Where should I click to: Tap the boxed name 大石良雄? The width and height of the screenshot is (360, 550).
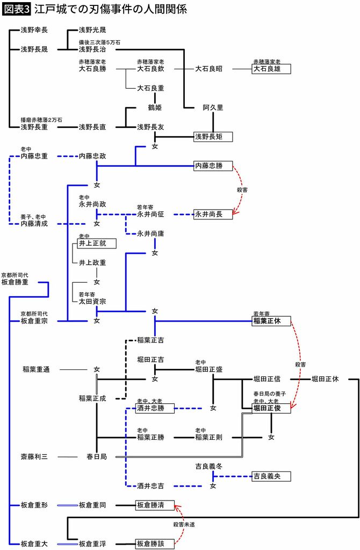click(x=271, y=69)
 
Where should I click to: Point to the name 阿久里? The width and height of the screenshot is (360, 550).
click(x=213, y=108)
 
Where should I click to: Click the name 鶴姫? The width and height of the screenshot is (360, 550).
click(x=155, y=108)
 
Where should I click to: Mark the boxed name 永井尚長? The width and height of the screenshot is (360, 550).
click(x=213, y=214)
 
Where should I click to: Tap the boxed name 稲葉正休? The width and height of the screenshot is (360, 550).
click(x=271, y=321)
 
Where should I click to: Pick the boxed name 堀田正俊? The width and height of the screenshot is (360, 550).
click(x=271, y=408)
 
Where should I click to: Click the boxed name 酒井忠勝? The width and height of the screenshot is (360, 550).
click(x=155, y=408)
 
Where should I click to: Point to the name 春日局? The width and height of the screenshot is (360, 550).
click(x=97, y=456)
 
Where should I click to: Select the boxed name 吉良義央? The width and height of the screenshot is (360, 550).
click(x=271, y=476)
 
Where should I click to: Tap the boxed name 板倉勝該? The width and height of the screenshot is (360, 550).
click(x=155, y=544)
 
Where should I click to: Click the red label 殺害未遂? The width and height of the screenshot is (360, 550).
click(x=184, y=524)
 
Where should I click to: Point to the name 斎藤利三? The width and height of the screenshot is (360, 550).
click(x=34, y=456)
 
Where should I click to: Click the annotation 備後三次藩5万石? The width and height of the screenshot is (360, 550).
click(x=99, y=42)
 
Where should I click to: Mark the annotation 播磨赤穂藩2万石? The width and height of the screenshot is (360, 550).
click(x=41, y=119)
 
